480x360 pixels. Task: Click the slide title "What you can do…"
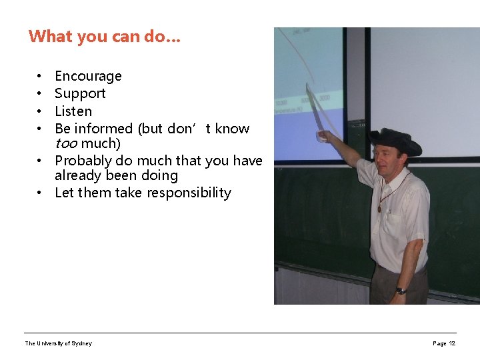[104, 36]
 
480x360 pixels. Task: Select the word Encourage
[88, 77]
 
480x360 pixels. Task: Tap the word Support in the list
[80, 94]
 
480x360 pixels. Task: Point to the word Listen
[73, 111]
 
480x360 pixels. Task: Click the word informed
[103, 129]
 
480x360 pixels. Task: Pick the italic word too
[66, 144]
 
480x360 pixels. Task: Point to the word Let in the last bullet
[65, 193]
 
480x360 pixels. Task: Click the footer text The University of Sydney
[59, 343]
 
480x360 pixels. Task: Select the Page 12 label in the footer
[444, 343]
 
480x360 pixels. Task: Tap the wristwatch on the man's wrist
[401, 291]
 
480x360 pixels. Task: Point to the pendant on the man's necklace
[380, 208]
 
